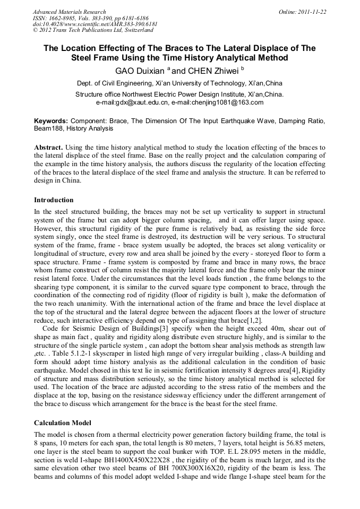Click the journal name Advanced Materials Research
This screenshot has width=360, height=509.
tap(70, 12)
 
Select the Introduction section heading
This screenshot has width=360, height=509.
tap(54, 200)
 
